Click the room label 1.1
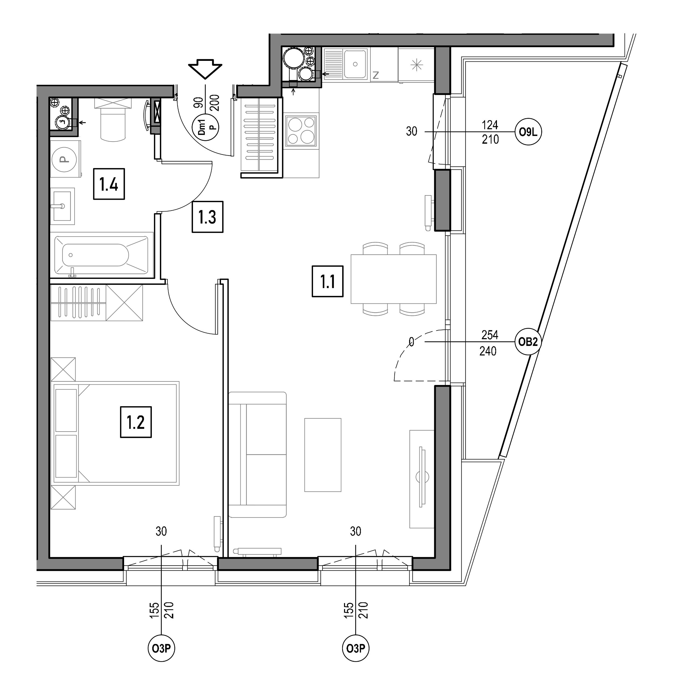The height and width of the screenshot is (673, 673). click(327, 281)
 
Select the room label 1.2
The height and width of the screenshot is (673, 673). click(136, 422)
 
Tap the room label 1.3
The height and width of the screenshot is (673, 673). click(208, 217)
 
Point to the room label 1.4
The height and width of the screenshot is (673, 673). click(109, 184)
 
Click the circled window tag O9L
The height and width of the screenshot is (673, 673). click(528, 132)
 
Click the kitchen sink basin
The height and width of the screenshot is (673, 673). click(355, 64)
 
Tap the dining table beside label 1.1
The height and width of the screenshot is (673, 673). click(394, 279)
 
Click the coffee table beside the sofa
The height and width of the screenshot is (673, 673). click(323, 455)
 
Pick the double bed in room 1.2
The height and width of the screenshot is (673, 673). click(115, 433)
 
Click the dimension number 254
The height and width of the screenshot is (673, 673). click(489, 335)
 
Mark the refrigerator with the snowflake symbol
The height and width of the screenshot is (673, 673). click(416, 65)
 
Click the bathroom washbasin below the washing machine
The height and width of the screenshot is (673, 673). click(63, 206)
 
